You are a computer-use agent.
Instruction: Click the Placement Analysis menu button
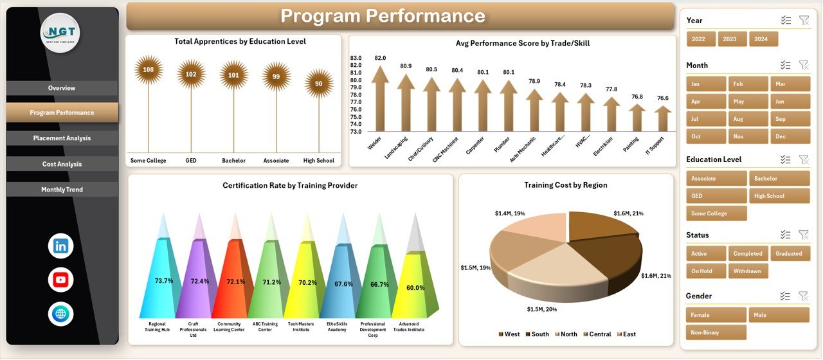[x=62, y=138]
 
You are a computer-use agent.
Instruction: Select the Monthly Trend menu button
[x=62, y=190]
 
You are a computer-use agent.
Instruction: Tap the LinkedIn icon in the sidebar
[x=61, y=246]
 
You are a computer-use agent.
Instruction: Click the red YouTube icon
[x=61, y=280]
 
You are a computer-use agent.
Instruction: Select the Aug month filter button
[x=748, y=119]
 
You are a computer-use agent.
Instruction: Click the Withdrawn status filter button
[x=748, y=271]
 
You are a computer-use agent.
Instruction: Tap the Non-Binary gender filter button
[x=716, y=332]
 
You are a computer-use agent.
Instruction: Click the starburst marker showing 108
[x=149, y=69]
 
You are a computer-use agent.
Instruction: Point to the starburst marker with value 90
[x=319, y=84]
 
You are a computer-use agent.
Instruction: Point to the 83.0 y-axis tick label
[x=356, y=58]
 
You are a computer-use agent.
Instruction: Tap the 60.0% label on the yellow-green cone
[x=415, y=288]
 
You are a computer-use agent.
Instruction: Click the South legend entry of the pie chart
[x=537, y=334]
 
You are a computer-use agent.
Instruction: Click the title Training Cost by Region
[x=566, y=185]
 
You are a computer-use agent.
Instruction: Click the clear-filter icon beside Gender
[x=803, y=296]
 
